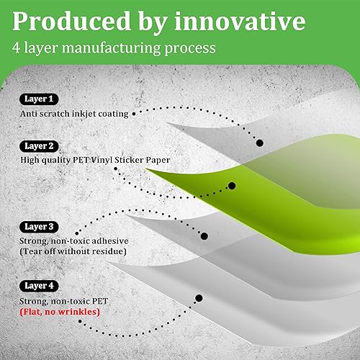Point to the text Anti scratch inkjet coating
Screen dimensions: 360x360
[75, 114]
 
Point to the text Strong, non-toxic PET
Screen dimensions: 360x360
[68, 300]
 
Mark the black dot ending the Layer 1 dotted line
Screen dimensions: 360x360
[260, 142]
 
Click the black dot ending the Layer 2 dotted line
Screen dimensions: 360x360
[231, 186]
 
